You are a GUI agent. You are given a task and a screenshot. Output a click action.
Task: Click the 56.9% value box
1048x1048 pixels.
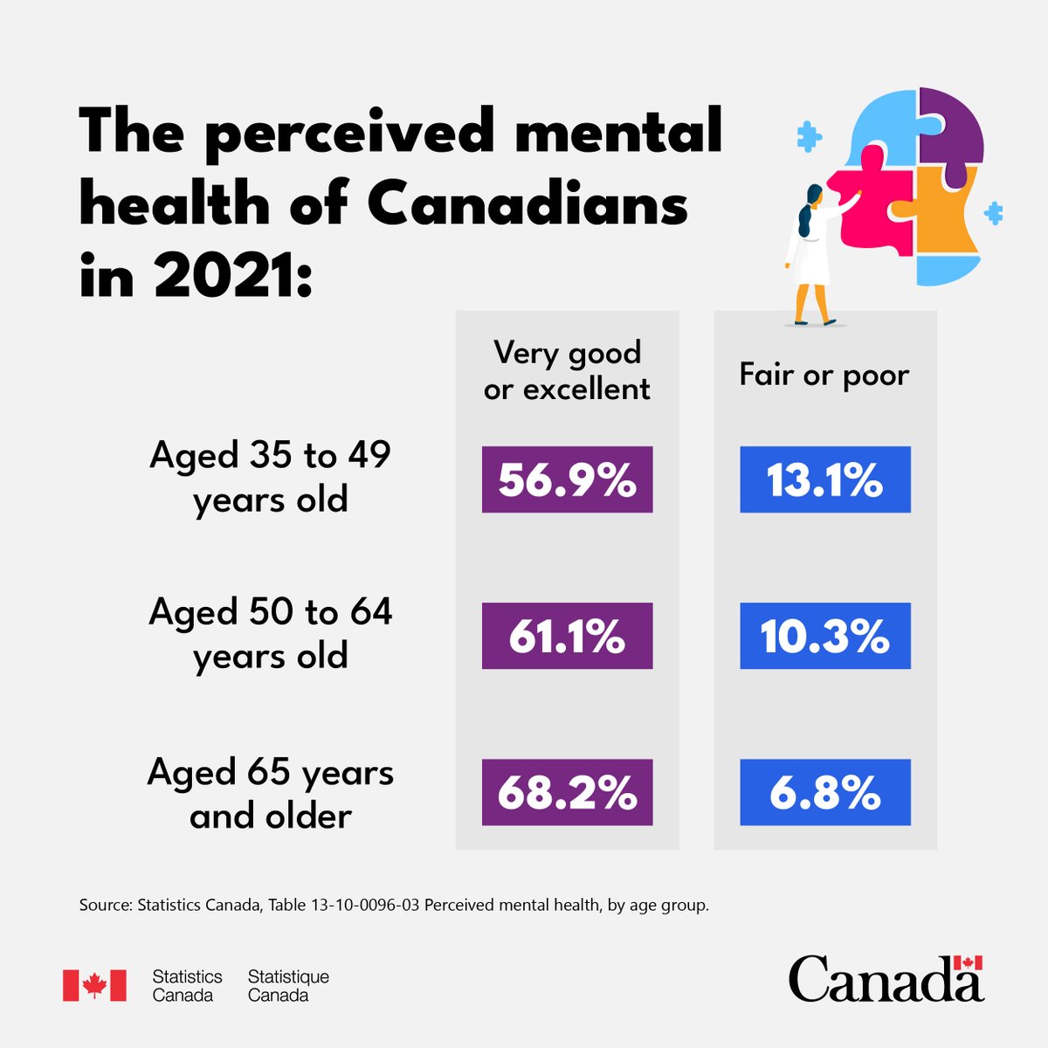pyautogui.click(x=567, y=479)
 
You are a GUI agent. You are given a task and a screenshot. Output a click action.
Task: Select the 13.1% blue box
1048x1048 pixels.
pyautogui.click(x=824, y=479)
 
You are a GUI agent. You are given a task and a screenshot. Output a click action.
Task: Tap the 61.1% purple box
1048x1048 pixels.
pyautogui.click(x=567, y=636)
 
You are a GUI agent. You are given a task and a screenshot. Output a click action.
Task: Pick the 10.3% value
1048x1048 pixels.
pyautogui.click(x=824, y=636)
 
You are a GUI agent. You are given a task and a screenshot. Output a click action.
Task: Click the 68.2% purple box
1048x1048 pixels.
pyautogui.click(x=567, y=792)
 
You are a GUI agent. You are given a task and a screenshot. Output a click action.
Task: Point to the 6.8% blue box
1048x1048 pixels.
pyautogui.click(x=824, y=792)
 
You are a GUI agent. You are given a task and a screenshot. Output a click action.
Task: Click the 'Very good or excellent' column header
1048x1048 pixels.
pyautogui.click(x=567, y=370)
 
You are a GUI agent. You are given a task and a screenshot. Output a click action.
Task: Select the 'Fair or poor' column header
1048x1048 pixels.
pyautogui.click(x=824, y=375)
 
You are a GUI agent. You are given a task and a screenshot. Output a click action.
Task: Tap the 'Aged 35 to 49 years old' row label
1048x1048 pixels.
pyautogui.click(x=270, y=477)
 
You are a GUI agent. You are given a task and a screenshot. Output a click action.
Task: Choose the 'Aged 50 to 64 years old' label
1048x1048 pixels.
pyautogui.click(x=270, y=633)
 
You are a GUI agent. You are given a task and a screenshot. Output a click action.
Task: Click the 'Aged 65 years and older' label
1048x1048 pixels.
pyautogui.click(x=270, y=793)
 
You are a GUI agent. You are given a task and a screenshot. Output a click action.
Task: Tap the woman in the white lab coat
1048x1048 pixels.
pyautogui.click(x=809, y=253)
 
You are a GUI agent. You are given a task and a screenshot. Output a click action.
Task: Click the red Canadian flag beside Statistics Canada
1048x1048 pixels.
pyautogui.click(x=94, y=985)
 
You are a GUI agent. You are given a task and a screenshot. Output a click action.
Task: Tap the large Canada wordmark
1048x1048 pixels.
pyautogui.click(x=886, y=980)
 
